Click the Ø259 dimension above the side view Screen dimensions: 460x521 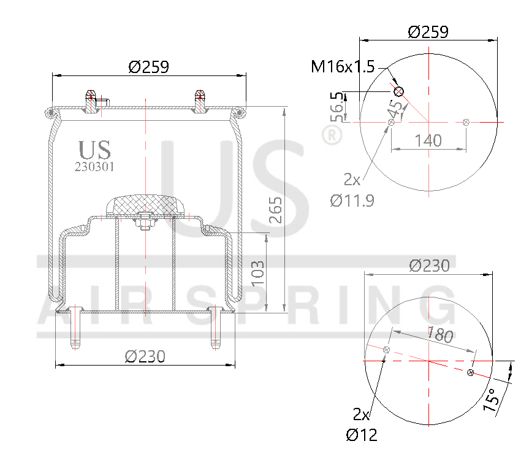pyautogui.click(x=148, y=66)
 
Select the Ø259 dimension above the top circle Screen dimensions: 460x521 pyautogui.click(x=428, y=31)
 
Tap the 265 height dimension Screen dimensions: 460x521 pyautogui.click(x=276, y=210)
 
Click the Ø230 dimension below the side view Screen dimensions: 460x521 pyautogui.click(x=145, y=356)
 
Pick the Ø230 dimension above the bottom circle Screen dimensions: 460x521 pyautogui.click(x=429, y=265)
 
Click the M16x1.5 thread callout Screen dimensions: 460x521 pyautogui.click(x=342, y=66)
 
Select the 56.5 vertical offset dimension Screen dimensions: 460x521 pyautogui.click(x=336, y=106)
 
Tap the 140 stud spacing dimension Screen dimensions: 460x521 pyautogui.click(x=428, y=140)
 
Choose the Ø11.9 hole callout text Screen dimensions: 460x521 pyautogui.click(x=352, y=200)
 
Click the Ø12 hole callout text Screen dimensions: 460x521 pyautogui.click(x=361, y=435)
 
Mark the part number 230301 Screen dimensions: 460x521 pyautogui.click(x=94, y=166)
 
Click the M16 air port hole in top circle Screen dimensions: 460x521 pyautogui.click(x=399, y=91)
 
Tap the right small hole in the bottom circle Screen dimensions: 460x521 pyautogui.click(x=470, y=372)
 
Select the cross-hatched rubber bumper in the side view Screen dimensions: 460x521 pyautogui.click(x=145, y=205)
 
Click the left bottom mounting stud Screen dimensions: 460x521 pyautogui.click(x=74, y=328)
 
